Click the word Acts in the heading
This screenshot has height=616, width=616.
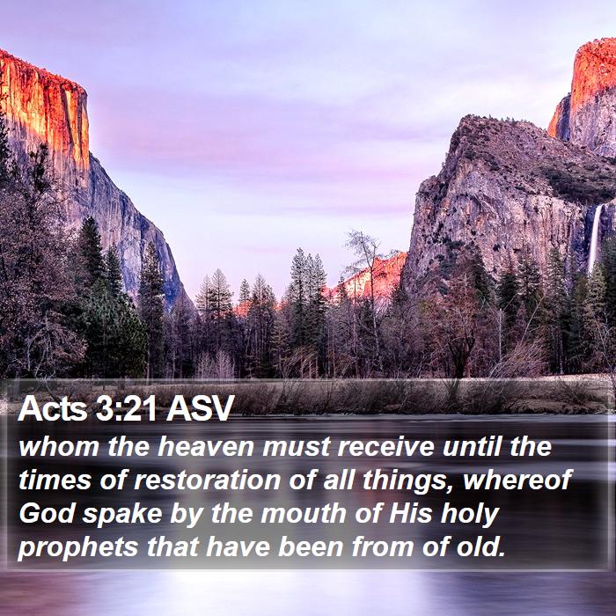point(52,408)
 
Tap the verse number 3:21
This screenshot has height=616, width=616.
point(126,408)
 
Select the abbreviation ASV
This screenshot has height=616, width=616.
point(200,408)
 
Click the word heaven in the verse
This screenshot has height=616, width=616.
point(205,447)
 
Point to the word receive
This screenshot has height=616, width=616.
point(385,447)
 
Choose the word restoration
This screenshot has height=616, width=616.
point(208,480)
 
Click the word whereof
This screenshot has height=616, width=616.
point(517,480)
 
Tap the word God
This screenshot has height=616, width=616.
point(47,513)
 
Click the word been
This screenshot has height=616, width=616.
point(311,546)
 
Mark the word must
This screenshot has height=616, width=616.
point(296,448)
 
